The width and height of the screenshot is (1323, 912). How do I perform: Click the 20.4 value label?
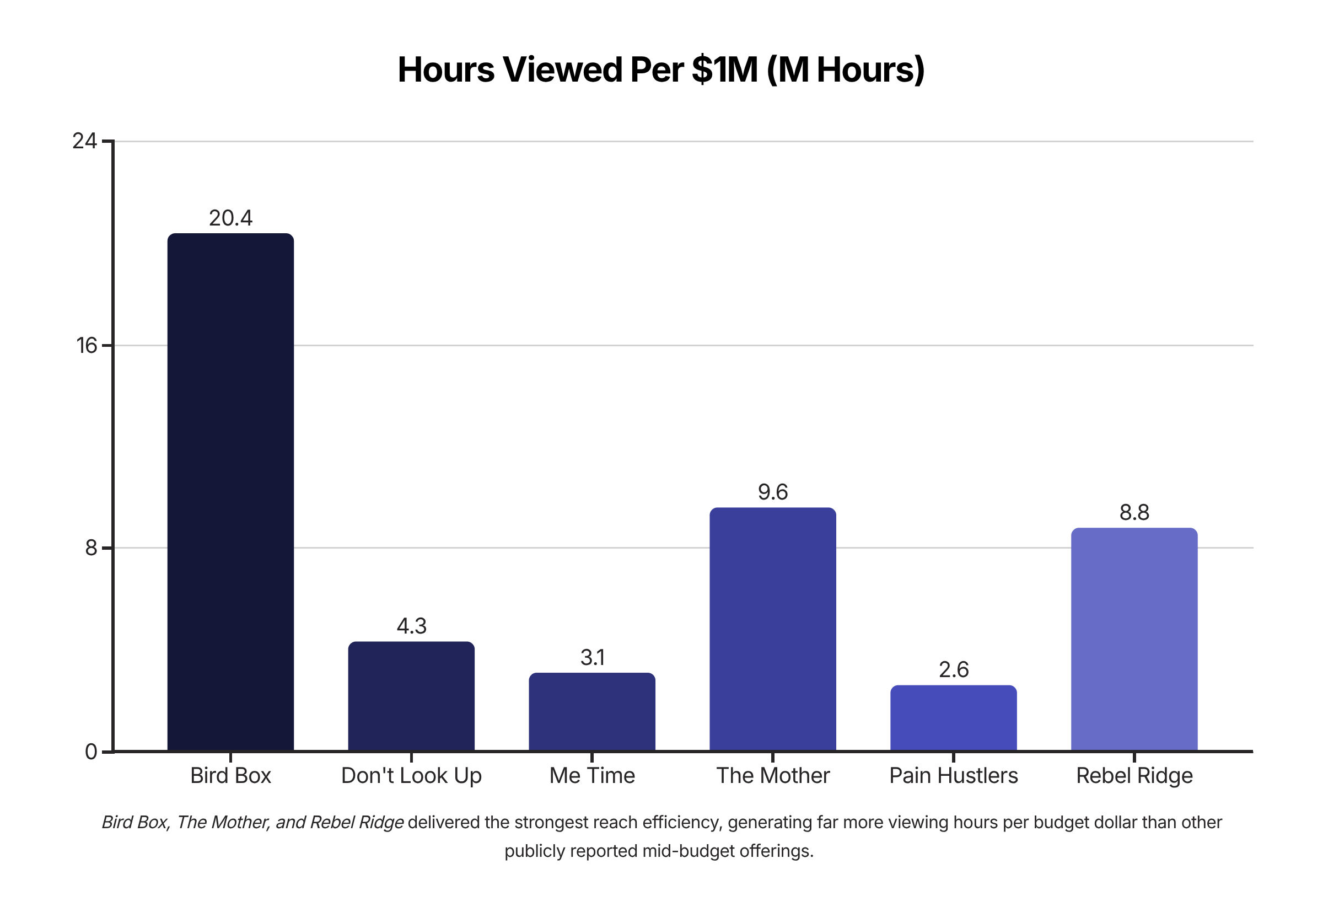point(230,218)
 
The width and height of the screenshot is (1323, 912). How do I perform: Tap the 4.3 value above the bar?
point(411,626)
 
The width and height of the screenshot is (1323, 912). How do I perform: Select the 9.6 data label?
point(772,492)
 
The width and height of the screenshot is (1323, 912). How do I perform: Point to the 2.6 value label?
point(954,670)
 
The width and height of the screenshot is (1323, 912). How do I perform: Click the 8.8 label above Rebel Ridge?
point(1134,513)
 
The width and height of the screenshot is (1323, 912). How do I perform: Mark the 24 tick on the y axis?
point(84,141)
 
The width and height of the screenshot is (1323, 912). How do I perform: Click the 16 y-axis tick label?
point(87,346)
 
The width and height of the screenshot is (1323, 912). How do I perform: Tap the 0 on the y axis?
point(91,752)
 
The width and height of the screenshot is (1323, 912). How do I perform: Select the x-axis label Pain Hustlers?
point(954,776)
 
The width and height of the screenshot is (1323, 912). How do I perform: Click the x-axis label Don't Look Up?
point(411,776)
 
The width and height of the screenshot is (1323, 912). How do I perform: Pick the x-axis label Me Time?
point(592,776)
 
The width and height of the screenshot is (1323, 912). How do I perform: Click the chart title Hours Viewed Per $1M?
point(661,69)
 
